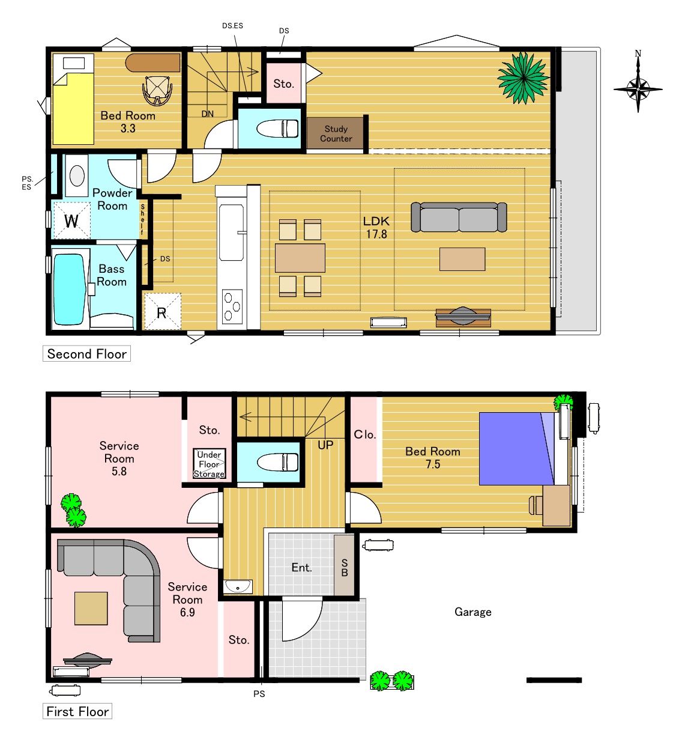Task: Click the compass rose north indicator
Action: pyautogui.click(x=638, y=82)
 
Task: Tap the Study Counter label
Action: pyautogui.click(x=336, y=133)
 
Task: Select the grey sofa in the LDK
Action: pyautogui.click(x=459, y=217)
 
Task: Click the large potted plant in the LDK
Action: pyautogui.click(x=524, y=78)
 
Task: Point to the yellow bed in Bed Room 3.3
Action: pyautogui.click(x=73, y=99)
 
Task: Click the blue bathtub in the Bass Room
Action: pyautogui.click(x=69, y=290)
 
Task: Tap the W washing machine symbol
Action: pyautogui.click(x=72, y=220)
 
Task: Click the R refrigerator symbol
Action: pyautogui.click(x=163, y=312)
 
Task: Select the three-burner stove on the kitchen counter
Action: pyautogui.click(x=232, y=306)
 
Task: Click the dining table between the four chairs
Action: pyautogui.click(x=300, y=258)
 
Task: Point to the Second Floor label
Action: pyautogui.click(x=86, y=354)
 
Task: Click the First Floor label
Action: pyautogui.click(x=77, y=711)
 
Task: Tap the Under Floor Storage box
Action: pyautogui.click(x=209, y=464)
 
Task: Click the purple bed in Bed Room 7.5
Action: pyautogui.click(x=516, y=449)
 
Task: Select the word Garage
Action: pyautogui.click(x=472, y=612)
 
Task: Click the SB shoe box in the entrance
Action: pyautogui.click(x=344, y=565)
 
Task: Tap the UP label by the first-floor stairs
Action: pyautogui.click(x=325, y=445)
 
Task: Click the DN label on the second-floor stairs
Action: pyautogui.click(x=208, y=114)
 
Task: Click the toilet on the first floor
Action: pyautogui.click(x=277, y=463)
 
